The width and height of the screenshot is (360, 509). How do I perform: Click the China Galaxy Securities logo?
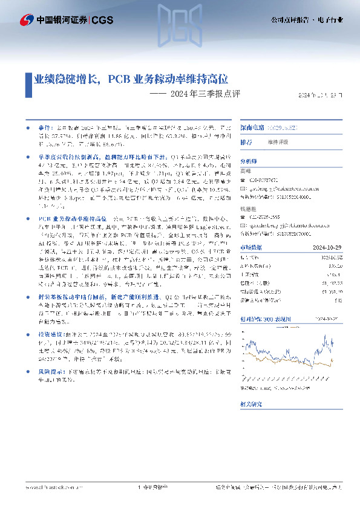(x=27, y=19)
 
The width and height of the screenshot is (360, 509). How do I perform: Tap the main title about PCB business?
(x=130, y=79)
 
